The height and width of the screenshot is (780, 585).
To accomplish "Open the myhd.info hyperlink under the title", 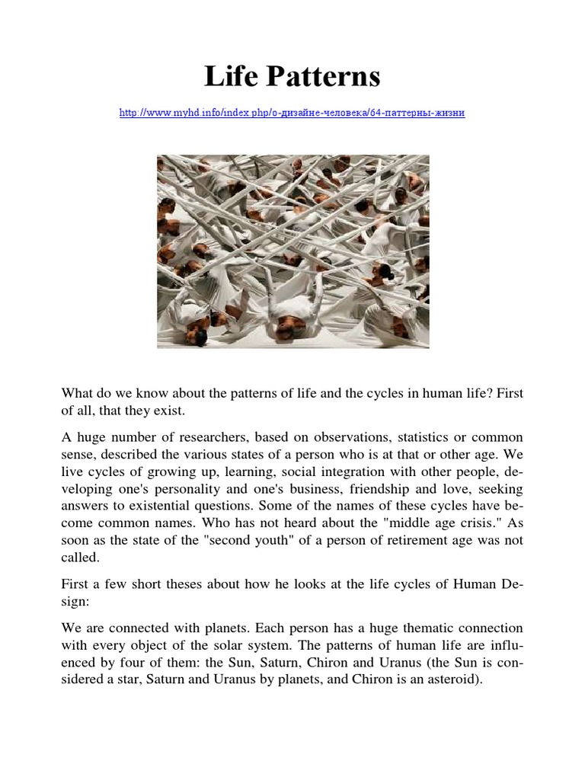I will pos(292,113).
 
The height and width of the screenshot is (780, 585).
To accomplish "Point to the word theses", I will pos(180,586).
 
